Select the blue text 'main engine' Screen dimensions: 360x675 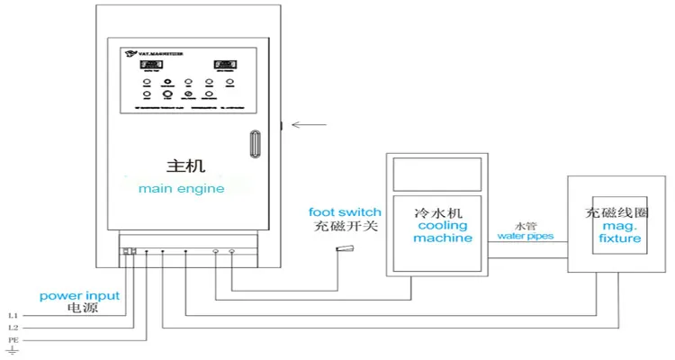[181, 189]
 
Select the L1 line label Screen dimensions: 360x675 [13, 316]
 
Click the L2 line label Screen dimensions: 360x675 [13, 329]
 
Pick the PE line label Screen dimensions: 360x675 [13, 342]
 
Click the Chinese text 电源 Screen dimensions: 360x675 [82, 309]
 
